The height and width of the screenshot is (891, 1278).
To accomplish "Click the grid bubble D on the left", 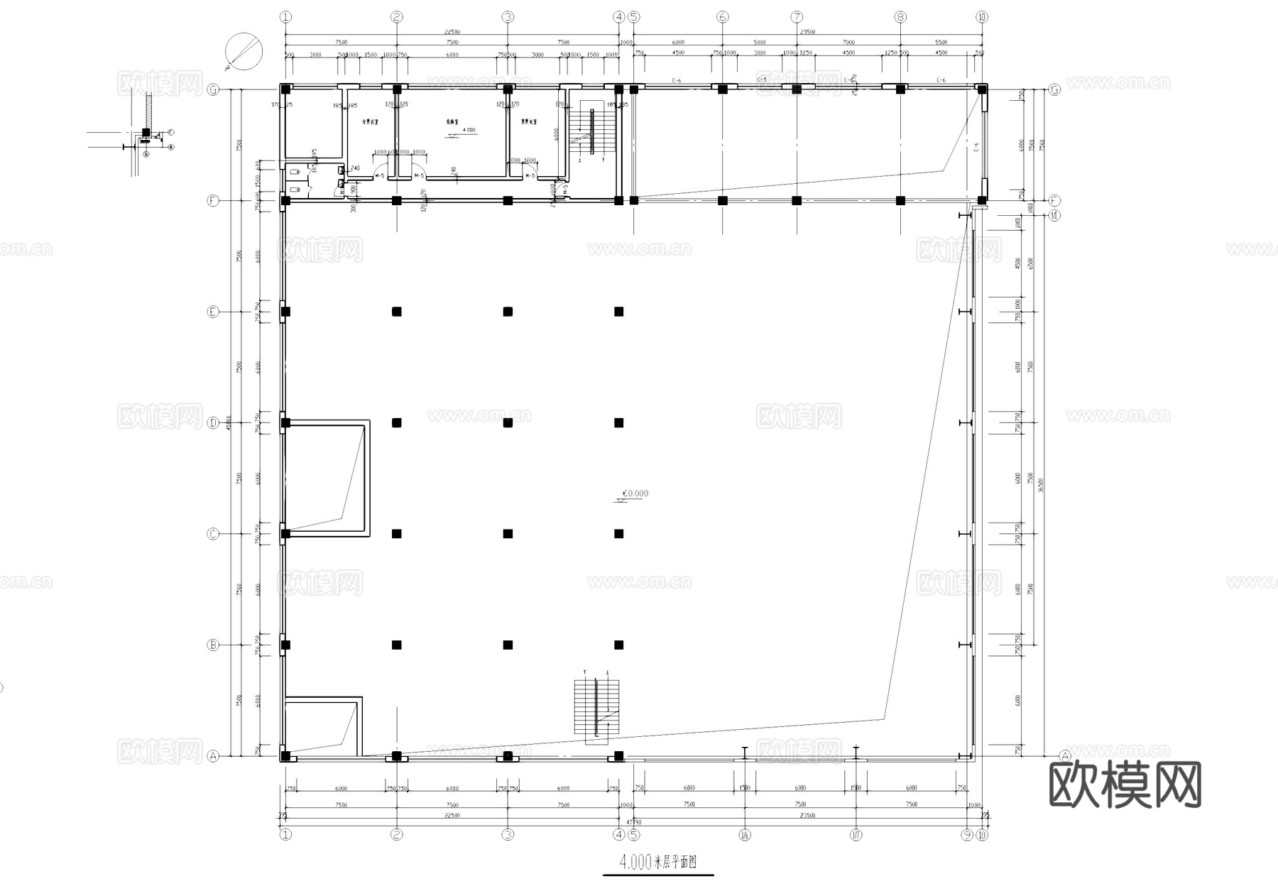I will (x=213, y=423).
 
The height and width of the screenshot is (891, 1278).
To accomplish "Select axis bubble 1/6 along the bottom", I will (x=745, y=835).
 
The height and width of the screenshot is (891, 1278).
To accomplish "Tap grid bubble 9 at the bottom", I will (x=967, y=835).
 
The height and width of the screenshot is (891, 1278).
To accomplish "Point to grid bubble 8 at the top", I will (x=900, y=17).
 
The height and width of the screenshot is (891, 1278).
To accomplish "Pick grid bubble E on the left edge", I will (x=213, y=312).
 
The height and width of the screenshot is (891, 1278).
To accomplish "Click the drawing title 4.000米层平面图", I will (x=657, y=863).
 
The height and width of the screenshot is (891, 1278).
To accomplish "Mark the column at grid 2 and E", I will (x=397, y=312).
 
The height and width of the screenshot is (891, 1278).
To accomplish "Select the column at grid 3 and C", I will (x=508, y=534).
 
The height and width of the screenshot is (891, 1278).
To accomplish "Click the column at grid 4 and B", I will (x=618, y=645).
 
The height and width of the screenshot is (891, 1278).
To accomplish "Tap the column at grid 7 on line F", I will (x=797, y=201).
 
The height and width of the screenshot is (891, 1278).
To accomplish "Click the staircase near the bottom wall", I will (x=596, y=708).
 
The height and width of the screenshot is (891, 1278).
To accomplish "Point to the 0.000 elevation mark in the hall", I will (x=634, y=494).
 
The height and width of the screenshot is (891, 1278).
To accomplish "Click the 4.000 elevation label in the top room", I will (x=469, y=131).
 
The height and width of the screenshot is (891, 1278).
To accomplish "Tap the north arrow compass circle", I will (x=244, y=51).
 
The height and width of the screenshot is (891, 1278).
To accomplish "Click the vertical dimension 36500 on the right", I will (x=1040, y=483).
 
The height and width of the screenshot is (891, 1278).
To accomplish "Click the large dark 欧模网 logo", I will (x=1125, y=785).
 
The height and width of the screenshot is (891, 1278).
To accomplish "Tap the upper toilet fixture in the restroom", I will (x=295, y=171).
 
